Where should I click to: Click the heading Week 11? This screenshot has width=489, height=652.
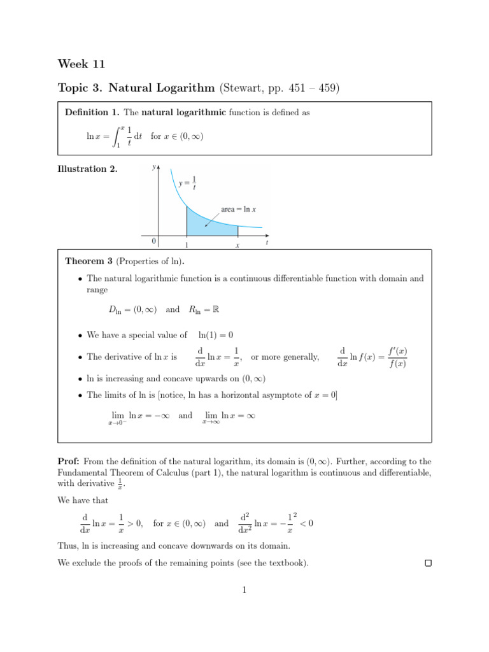point(81,64)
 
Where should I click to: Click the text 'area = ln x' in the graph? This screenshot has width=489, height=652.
point(238,209)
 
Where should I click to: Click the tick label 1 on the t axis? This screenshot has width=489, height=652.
point(186,245)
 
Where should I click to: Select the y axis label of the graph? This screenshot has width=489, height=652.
point(153,167)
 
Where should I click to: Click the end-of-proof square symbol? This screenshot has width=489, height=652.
point(428,563)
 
